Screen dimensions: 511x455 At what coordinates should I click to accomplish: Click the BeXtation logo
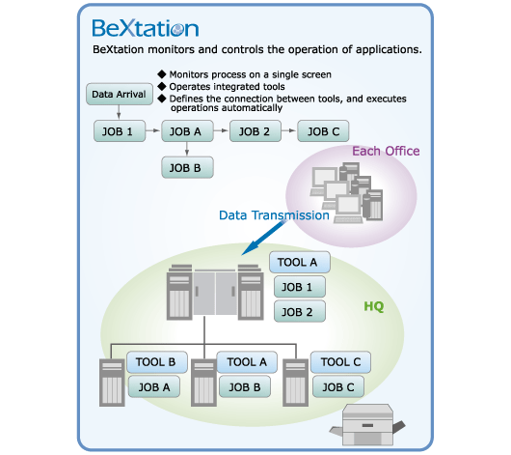(x=146, y=28)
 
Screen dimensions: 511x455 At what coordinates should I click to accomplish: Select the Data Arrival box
(x=120, y=94)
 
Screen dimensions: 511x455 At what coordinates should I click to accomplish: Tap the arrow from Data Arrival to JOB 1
(x=119, y=112)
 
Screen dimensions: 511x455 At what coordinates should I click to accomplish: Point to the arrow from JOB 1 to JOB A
(x=152, y=130)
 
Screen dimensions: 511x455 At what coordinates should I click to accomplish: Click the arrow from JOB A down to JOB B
(x=187, y=149)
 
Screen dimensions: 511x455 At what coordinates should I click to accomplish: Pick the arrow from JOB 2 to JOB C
(x=288, y=130)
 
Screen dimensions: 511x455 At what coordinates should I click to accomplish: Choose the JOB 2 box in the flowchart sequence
(x=255, y=131)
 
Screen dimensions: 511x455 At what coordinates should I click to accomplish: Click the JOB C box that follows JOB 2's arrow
(x=323, y=131)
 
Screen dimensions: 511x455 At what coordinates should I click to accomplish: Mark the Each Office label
(x=386, y=151)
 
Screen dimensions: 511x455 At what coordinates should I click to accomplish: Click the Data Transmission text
(x=274, y=215)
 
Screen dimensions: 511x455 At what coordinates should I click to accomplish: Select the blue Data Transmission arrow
(x=264, y=237)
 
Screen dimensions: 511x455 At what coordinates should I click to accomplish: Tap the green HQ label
(x=374, y=306)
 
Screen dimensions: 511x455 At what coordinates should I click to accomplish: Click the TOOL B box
(x=157, y=362)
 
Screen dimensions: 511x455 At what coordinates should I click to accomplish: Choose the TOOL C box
(x=340, y=362)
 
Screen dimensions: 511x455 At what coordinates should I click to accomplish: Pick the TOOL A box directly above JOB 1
(x=300, y=262)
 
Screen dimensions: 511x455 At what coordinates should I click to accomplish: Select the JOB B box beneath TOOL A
(x=245, y=386)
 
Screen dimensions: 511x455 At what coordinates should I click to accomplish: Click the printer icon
(x=367, y=425)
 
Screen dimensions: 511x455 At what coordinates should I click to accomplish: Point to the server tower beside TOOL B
(x=112, y=383)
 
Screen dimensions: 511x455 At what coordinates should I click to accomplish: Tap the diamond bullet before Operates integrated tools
(x=162, y=86)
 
